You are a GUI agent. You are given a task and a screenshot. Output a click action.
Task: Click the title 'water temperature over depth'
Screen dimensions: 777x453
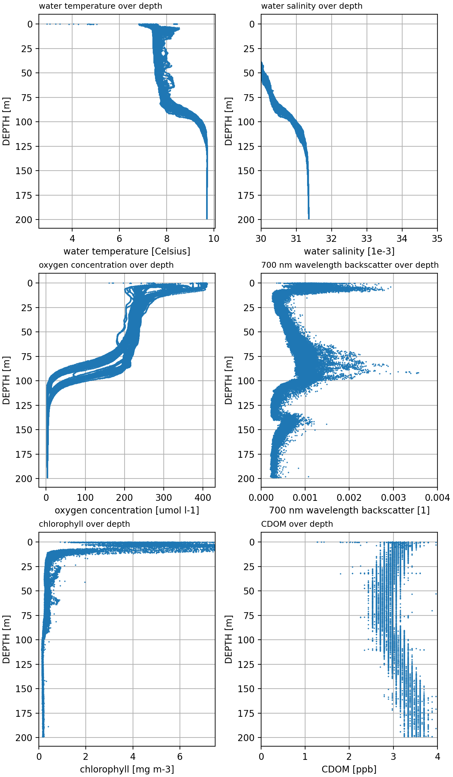[x=100, y=6]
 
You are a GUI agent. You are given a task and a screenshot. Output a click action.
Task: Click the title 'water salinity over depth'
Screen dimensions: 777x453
[x=312, y=6]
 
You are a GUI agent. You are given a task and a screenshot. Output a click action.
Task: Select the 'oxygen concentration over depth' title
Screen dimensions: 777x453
[x=106, y=265]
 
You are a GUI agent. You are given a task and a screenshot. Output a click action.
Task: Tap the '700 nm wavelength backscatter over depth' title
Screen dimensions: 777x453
[x=350, y=265]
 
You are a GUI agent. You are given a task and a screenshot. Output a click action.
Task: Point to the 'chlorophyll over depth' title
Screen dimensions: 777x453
[x=84, y=524]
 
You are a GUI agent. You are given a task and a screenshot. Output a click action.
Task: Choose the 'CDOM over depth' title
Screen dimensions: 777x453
[x=297, y=524]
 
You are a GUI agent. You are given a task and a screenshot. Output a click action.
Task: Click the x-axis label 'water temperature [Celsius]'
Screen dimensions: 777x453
[x=127, y=251]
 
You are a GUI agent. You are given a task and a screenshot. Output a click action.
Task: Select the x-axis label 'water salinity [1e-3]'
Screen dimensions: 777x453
[x=349, y=251]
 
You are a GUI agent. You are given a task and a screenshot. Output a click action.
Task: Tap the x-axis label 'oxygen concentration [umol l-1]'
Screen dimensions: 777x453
[x=127, y=510]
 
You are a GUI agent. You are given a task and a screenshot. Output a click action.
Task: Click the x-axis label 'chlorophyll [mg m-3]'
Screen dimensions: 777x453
[x=127, y=769]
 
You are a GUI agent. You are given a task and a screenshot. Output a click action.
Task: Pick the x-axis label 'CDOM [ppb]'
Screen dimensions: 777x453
[x=349, y=769]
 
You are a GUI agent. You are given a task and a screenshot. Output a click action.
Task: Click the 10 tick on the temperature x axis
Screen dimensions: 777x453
[x=214, y=239]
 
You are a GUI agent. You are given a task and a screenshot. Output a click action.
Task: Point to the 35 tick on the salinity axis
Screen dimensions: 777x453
[x=437, y=239]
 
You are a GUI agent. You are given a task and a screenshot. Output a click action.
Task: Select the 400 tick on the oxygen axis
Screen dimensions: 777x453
[x=203, y=498]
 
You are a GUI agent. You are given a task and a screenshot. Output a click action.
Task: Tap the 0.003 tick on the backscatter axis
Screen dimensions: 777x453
[x=393, y=498]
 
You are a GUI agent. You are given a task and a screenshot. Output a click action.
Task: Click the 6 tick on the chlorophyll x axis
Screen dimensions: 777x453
[x=180, y=757]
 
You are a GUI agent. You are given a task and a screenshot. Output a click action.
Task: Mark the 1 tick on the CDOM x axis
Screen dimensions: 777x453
[x=305, y=757]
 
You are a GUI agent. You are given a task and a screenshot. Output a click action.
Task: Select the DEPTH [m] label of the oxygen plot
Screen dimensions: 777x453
[x=6, y=380]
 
